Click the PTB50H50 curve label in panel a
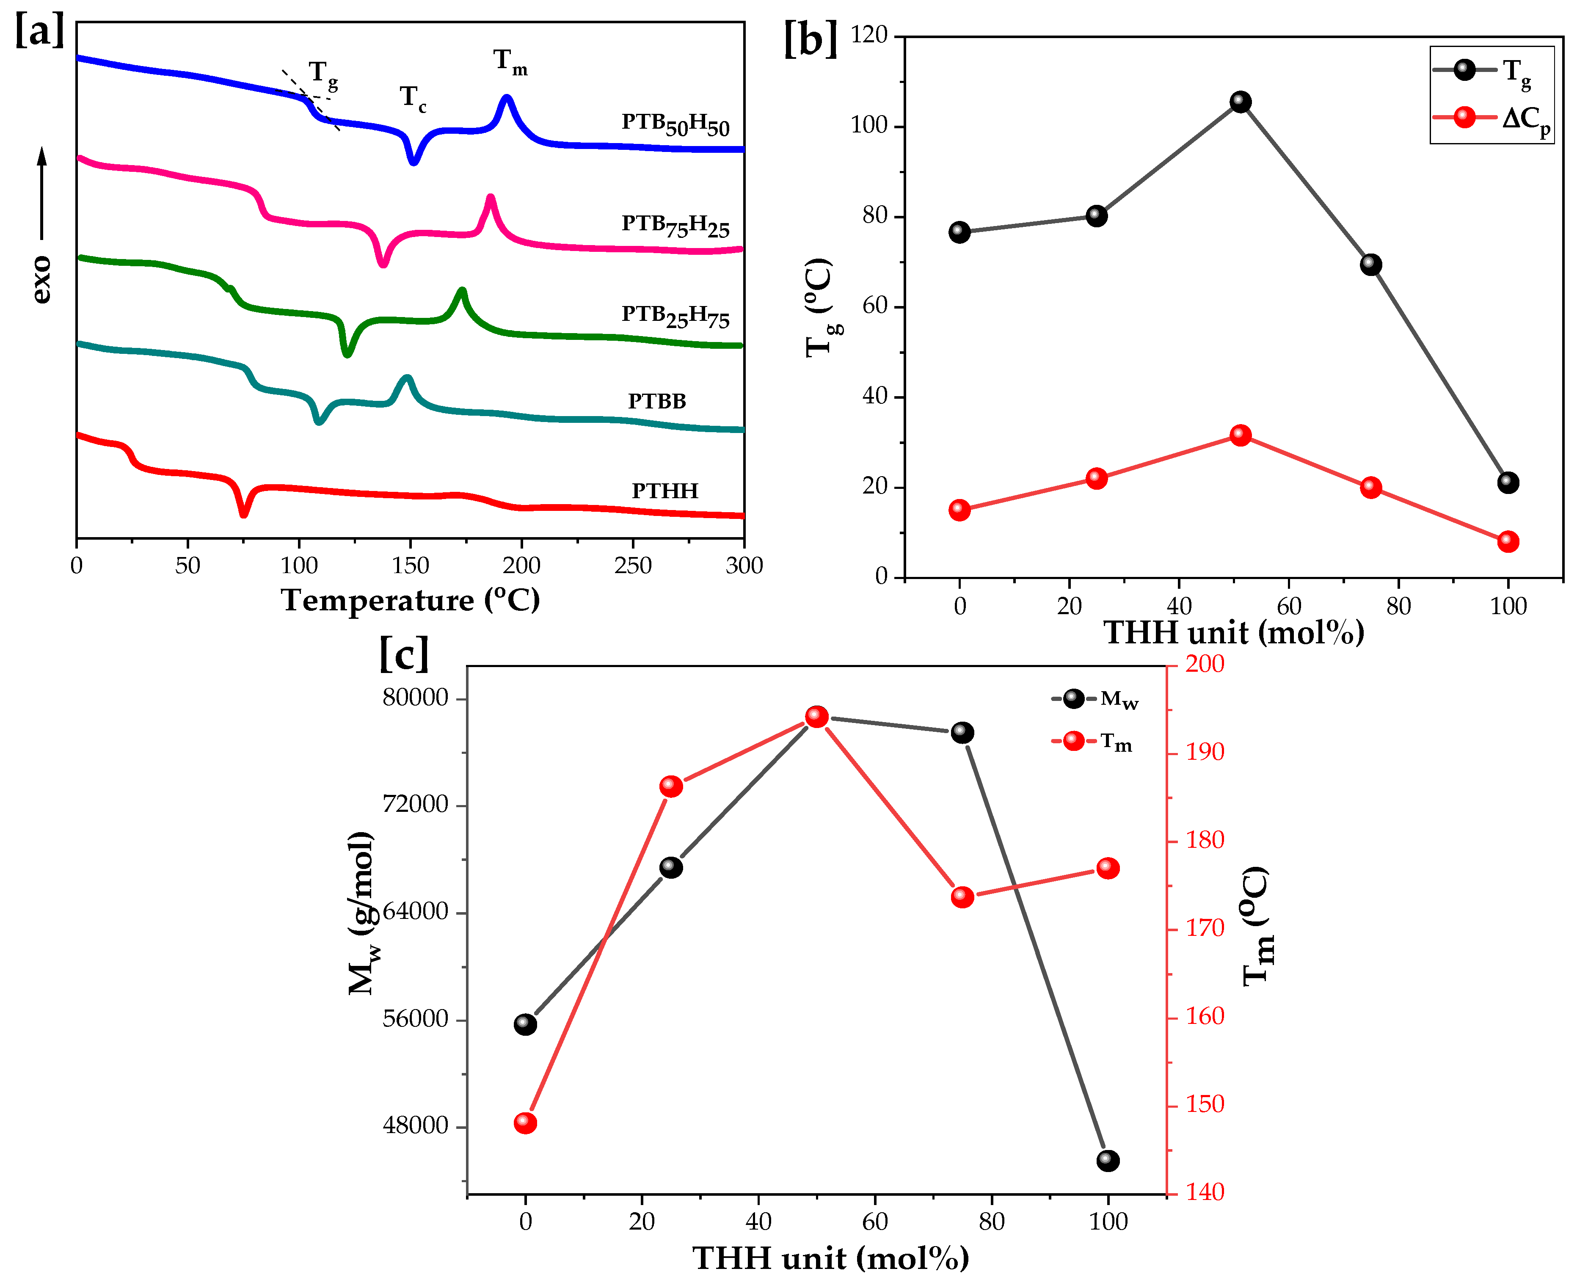(x=675, y=124)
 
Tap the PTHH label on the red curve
(x=665, y=491)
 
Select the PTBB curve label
(x=657, y=401)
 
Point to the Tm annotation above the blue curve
(x=510, y=62)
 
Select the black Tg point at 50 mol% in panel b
(x=1240, y=102)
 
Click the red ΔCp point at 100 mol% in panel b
(x=1508, y=541)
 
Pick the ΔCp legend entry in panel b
(x=1493, y=118)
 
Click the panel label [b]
(x=810, y=39)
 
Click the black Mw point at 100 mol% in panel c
(x=1108, y=1161)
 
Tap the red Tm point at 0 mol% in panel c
(x=525, y=1123)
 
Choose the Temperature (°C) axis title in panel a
(x=411, y=600)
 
